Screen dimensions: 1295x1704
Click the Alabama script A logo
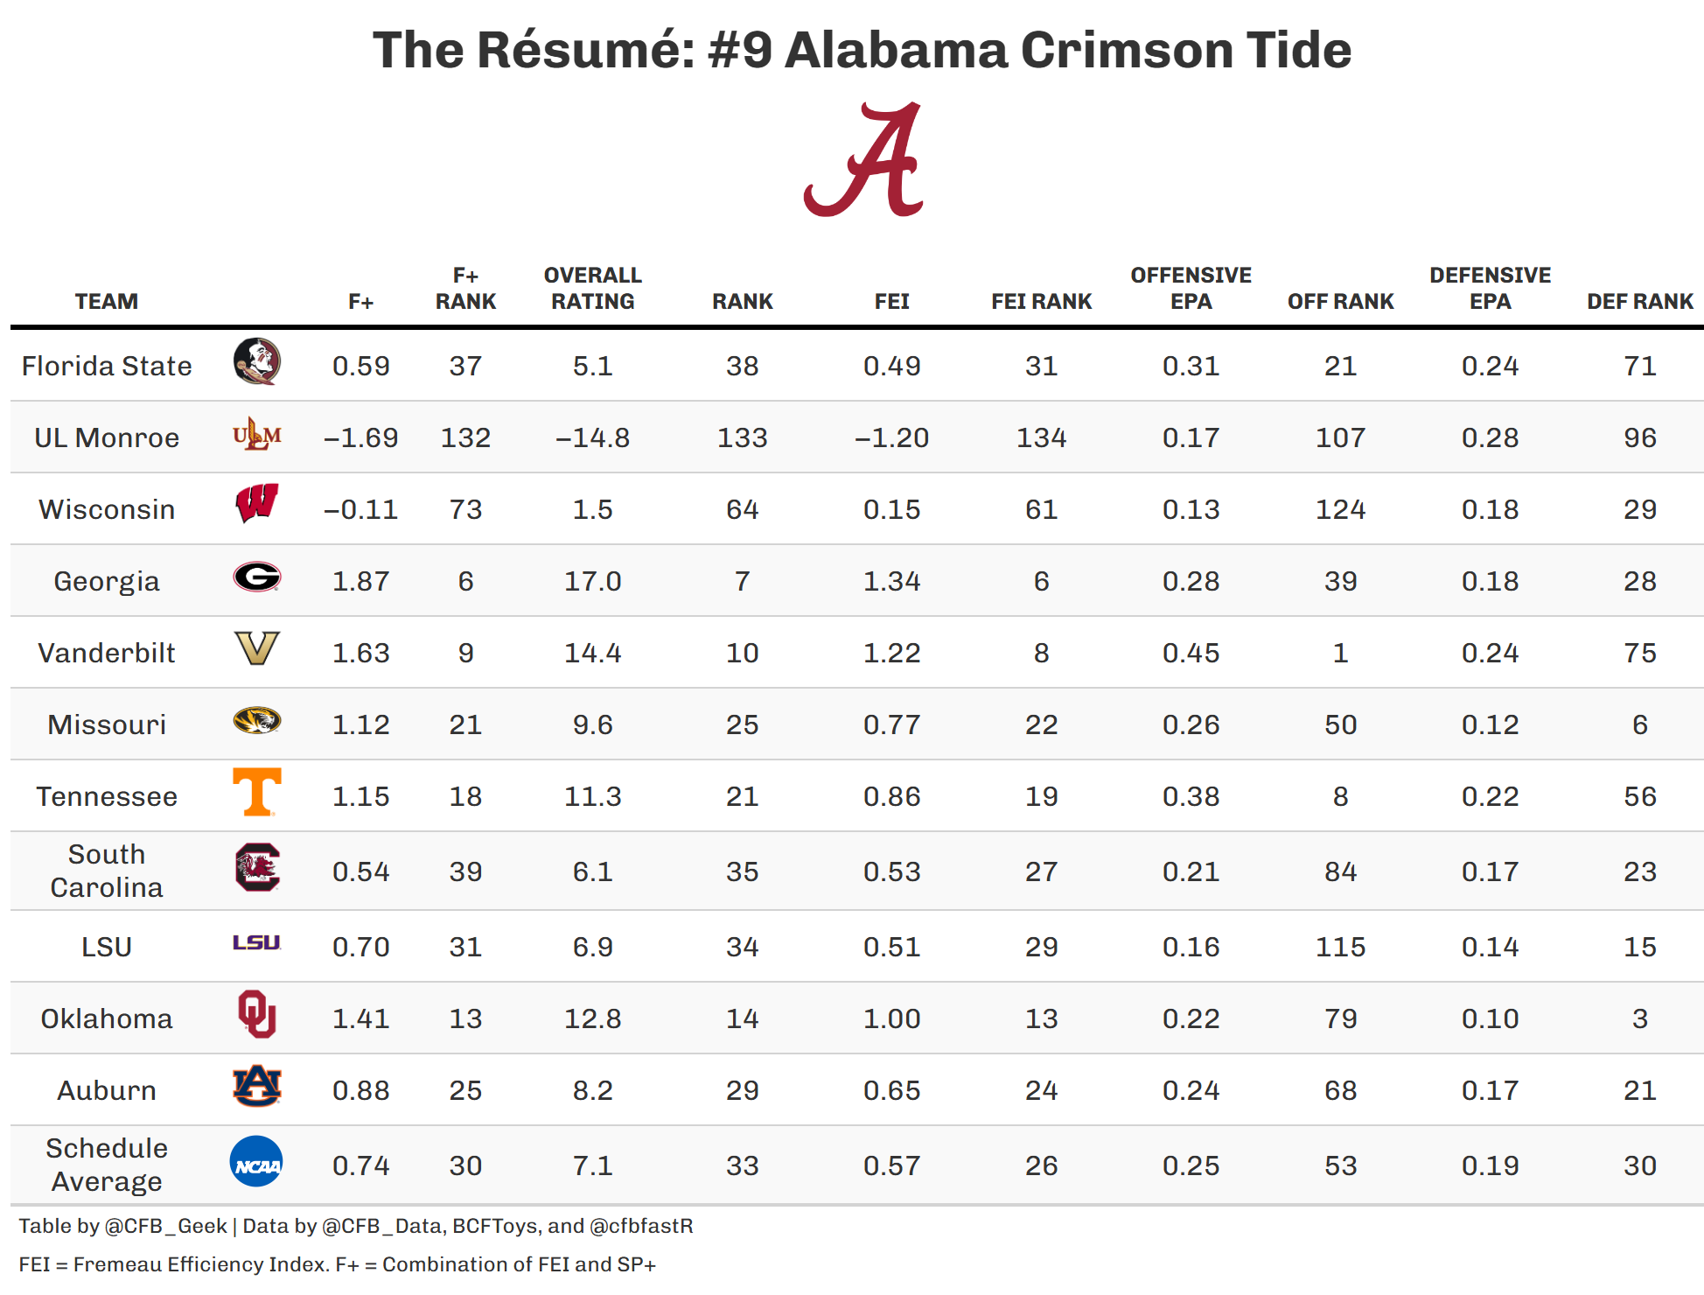pyautogui.click(x=863, y=159)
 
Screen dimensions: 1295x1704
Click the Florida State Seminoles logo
pyautogui.click(x=257, y=361)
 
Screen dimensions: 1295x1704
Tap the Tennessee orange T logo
pyautogui.click(x=257, y=792)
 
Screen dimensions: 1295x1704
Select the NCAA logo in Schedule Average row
pyautogui.click(x=256, y=1162)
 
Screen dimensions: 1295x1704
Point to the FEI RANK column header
pyautogui.click(x=1041, y=302)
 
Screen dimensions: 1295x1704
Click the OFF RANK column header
pyautogui.click(x=1340, y=302)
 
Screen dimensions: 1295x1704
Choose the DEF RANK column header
pyautogui.click(x=1640, y=302)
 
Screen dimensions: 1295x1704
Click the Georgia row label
pyautogui.click(x=107, y=582)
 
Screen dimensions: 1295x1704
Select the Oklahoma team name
pyautogui.click(x=107, y=1019)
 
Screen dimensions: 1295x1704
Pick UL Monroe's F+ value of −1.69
pyautogui.click(x=360, y=438)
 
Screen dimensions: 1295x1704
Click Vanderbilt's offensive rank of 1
pyautogui.click(x=1340, y=654)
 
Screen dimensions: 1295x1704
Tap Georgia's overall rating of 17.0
pyautogui.click(x=592, y=582)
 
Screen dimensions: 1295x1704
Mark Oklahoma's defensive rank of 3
pyautogui.click(x=1640, y=1019)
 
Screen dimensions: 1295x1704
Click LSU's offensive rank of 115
pyautogui.click(x=1340, y=948)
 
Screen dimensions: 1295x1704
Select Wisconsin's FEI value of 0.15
pyautogui.click(x=891, y=510)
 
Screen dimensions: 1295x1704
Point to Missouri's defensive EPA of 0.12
pyautogui.click(x=1490, y=725)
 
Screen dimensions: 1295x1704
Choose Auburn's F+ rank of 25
pyautogui.click(x=465, y=1091)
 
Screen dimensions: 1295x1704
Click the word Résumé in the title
pyautogui.click(x=586, y=50)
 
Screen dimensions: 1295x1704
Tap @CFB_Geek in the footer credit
pyautogui.click(x=165, y=1227)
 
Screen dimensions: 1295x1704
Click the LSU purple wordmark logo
pyautogui.click(x=256, y=942)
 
